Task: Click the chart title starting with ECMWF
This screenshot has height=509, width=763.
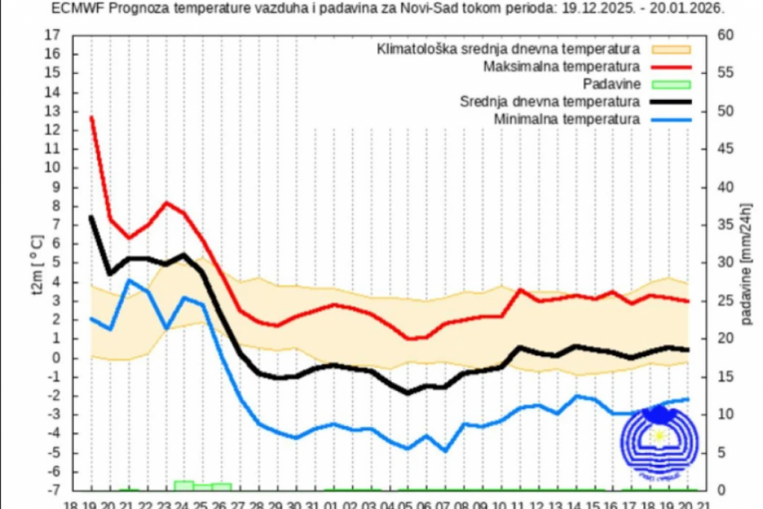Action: [x=389, y=7]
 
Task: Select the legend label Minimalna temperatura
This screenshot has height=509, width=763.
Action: [x=565, y=120]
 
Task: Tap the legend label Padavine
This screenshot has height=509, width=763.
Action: [x=607, y=84]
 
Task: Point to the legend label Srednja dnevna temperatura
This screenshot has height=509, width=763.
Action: [x=549, y=102]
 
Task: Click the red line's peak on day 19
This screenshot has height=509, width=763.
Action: [x=92, y=118]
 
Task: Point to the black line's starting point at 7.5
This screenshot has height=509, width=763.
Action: [x=92, y=217]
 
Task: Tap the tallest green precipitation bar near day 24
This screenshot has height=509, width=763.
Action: [x=184, y=485]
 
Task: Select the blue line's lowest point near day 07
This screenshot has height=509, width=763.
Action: [x=446, y=451]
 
